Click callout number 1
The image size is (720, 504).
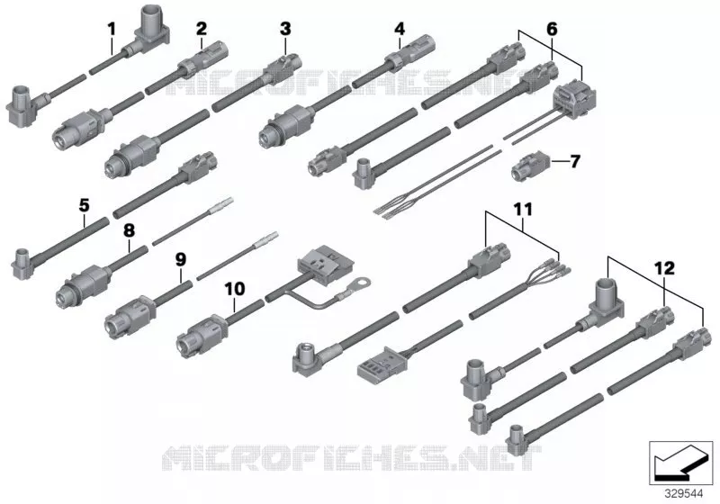(x=112, y=30)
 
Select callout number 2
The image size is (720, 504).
(x=201, y=29)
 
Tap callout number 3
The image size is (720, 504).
(x=285, y=29)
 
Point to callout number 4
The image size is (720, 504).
(x=400, y=29)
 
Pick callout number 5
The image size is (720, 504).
(x=84, y=205)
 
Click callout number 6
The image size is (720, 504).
(x=552, y=29)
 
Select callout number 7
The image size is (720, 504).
(x=575, y=161)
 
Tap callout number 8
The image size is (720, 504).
(x=129, y=230)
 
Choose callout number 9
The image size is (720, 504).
(x=181, y=260)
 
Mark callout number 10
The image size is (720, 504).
(x=235, y=289)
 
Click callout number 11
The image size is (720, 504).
(x=523, y=210)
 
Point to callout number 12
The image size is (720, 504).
(x=665, y=268)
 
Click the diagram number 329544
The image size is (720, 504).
(x=684, y=494)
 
